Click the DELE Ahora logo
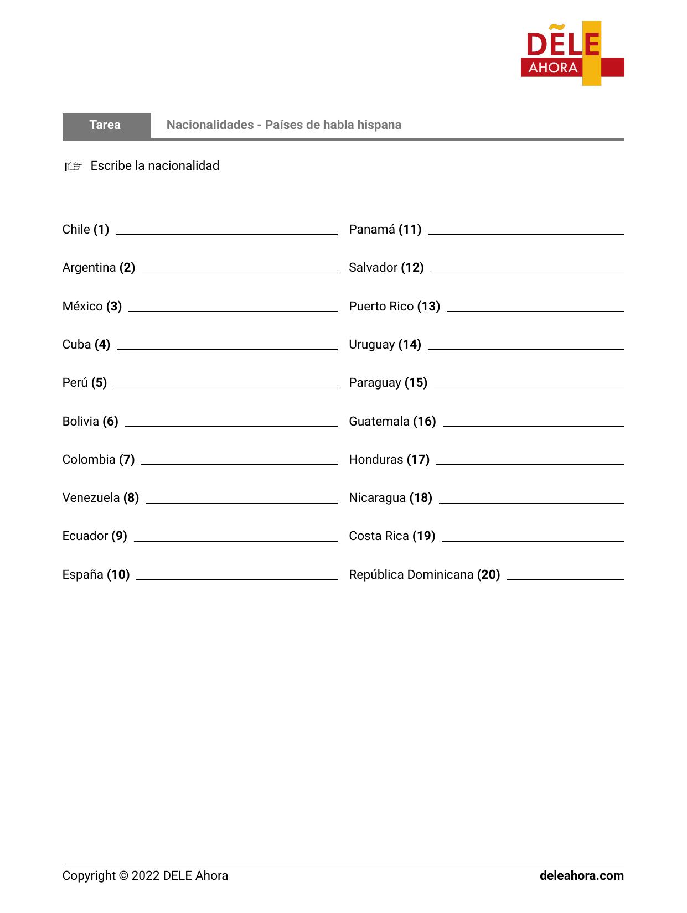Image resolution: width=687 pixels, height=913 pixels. pos(572,54)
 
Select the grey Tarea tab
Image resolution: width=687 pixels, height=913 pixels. pos(106,125)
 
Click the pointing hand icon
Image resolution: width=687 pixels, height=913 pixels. pos(73,166)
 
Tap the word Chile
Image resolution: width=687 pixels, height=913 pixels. pos(76,230)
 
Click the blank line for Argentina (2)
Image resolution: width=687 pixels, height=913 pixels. pos(239,272)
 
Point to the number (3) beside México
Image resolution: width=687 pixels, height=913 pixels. pos(114,307)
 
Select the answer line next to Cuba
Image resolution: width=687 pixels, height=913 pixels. pos(227,349)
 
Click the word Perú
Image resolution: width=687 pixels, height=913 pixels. pos(75,383)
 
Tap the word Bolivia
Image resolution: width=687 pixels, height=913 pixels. pos(81,422)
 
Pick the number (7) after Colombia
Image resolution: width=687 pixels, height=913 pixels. pos(127,460)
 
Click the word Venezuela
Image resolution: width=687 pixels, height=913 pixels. pos(91,498)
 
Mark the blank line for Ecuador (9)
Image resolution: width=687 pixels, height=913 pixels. pos(235,540)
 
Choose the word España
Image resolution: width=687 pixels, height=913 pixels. pos(82,575)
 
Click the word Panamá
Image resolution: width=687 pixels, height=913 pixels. pos(372,230)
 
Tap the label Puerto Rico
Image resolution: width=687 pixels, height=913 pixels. pos(381,307)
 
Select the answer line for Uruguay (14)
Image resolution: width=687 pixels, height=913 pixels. pos(526,349)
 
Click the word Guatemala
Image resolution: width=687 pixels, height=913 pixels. pos(379,422)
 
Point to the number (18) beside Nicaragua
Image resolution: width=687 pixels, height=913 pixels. pos(421,498)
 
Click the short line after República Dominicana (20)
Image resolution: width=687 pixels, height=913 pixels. pos(565,579)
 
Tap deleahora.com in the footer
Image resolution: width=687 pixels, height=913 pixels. pos(581,876)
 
